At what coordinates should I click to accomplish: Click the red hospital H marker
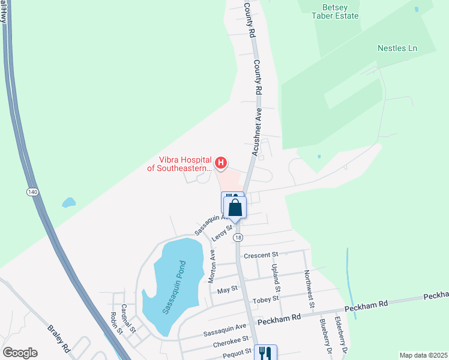(x=221, y=162)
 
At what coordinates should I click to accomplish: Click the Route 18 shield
(x=238, y=238)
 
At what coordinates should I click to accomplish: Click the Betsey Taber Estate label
(x=338, y=11)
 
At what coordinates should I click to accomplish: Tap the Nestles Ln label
(x=397, y=48)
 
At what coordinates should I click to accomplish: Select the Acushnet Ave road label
(x=256, y=136)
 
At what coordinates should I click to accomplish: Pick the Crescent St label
(x=262, y=255)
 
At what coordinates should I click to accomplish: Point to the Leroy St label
(x=221, y=233)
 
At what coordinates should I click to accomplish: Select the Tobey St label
(x=267, y=298)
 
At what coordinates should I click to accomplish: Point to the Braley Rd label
(x=59, y=338)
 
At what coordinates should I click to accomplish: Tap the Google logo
(x=20, y=353)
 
